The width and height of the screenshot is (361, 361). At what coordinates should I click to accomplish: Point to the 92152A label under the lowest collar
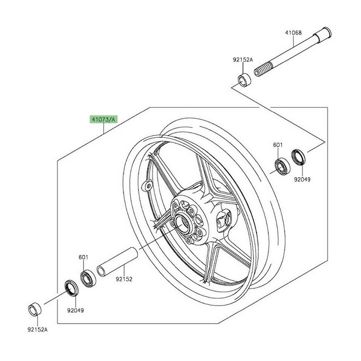(x=38, y=330)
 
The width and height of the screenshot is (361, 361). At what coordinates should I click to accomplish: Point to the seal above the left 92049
(x=70, y=288)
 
